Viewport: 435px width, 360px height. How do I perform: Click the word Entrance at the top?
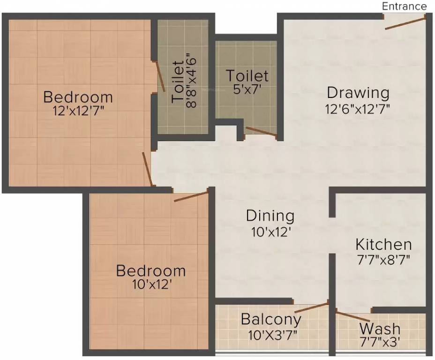coord(405,6)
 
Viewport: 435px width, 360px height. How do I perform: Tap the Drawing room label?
coord(358,92)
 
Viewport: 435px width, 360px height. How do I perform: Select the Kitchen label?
coord(383,245)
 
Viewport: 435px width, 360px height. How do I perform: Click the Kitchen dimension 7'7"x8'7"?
coord(383,260)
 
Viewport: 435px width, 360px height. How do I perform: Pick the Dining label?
coord(270,216)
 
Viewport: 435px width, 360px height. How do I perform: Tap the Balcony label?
coord(270,320)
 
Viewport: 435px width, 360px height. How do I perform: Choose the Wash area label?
coord(380,328)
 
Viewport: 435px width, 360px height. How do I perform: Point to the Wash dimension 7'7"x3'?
coord(380,343)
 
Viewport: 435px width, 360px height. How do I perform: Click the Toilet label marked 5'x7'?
coord(247,75)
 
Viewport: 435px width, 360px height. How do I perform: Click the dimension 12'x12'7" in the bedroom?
coord(78,111)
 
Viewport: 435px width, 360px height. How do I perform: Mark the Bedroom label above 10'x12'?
coord(151,271)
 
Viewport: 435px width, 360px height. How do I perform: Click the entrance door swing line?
coord(405,22)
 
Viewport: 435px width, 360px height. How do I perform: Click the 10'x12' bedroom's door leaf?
coord(191,196)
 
